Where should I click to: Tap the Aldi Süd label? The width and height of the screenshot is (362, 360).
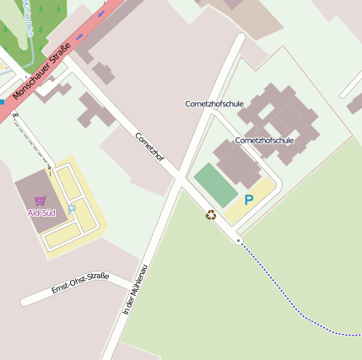[x=41, y=212]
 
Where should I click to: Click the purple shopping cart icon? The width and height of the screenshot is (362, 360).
[x=41, y=201]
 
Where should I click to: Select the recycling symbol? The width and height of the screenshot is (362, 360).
[x=211, y=215]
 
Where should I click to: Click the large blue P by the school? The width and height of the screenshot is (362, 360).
[x=248, y=201]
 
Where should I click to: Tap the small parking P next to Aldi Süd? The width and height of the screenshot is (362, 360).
[x=72, y=208]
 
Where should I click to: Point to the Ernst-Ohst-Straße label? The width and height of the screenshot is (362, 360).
[x=80, y=282]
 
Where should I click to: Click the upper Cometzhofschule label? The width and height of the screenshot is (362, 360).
[x=214, y=104]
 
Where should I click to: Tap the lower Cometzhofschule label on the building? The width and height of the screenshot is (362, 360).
[x=264, y=140]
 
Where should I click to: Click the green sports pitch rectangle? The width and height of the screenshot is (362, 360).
[x=216, y=185]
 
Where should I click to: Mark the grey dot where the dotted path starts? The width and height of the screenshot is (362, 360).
[x=239, y=241]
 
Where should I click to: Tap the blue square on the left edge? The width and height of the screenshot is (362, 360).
[x=2, y=101]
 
